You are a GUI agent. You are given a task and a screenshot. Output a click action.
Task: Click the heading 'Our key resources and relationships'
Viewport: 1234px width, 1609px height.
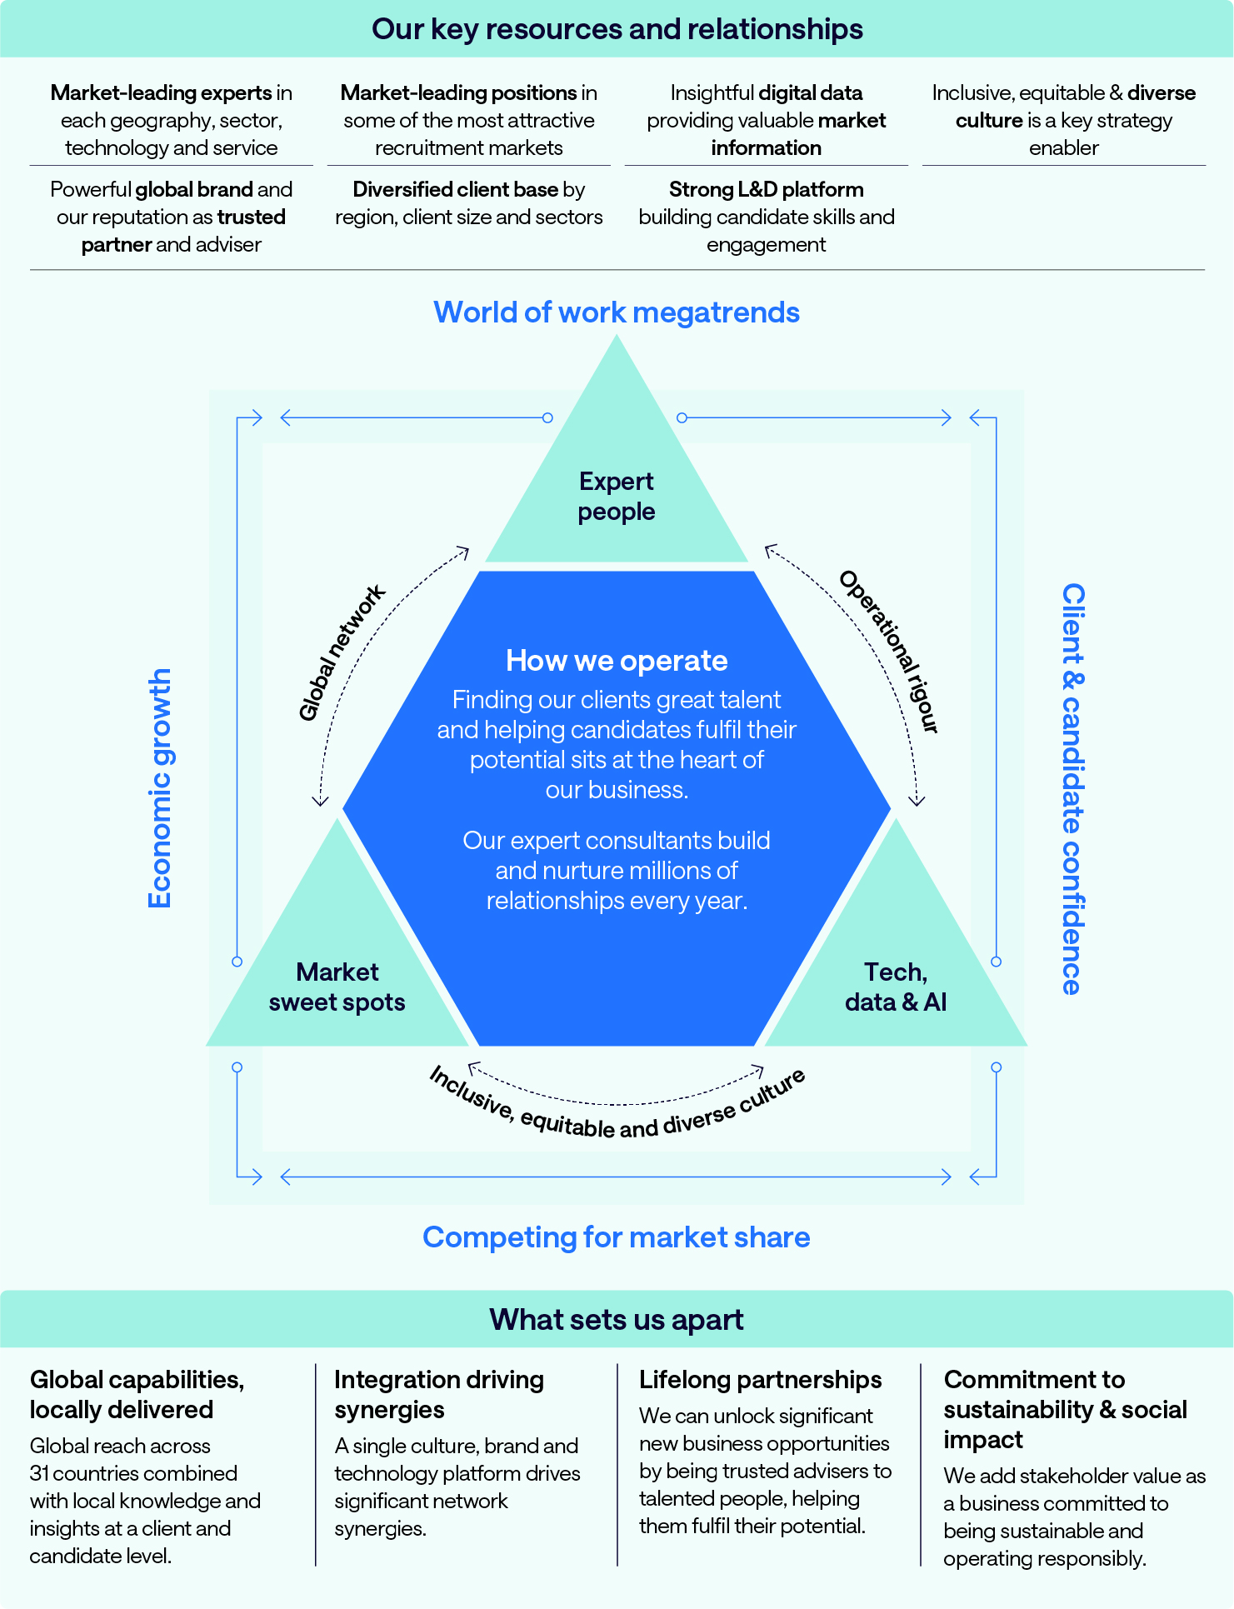click(617, 29)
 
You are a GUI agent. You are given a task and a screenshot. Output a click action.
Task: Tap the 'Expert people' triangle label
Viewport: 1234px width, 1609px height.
click(617, 497)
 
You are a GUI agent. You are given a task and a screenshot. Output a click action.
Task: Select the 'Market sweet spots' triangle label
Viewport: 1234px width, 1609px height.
click(337, 987)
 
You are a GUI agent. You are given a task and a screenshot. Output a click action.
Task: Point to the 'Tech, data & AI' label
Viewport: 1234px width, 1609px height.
click(896, 987)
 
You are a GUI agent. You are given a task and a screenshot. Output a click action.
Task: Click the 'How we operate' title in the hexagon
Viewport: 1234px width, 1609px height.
click(617, 661)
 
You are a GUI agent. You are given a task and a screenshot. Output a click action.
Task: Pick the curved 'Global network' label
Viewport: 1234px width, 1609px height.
click(342, 652)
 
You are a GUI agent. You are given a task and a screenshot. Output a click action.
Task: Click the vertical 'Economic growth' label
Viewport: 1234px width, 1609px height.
click(159, 788)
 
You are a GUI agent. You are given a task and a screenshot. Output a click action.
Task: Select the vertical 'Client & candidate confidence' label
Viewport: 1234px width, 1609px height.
click(1073, 788)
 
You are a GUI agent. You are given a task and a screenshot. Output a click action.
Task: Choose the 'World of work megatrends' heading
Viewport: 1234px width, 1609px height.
click(617, 312)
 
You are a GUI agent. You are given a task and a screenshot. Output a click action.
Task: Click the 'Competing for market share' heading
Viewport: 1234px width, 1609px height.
click(617, 1237)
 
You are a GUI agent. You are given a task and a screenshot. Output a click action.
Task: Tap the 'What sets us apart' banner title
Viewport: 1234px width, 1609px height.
click(617, 1320)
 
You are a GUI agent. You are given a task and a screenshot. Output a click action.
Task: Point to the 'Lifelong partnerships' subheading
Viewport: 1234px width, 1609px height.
click(760, 1380)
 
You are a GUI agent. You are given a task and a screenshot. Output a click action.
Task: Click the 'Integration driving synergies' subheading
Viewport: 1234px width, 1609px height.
click(438, 1395)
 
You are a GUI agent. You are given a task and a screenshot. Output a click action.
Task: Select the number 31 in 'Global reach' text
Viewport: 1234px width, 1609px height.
click(40, 1473)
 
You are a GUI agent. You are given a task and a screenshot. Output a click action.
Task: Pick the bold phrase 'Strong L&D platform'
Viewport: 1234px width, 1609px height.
click(766, 190)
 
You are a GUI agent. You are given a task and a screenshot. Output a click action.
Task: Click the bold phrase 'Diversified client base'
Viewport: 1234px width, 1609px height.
click(455, 190)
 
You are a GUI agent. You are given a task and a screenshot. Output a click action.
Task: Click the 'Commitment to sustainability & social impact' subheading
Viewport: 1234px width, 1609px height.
click(1065, 1410)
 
